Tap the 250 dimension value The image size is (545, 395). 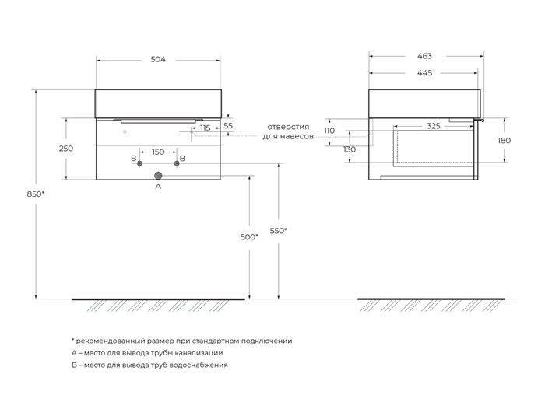(x=66, y=149)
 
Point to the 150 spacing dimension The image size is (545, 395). (x=158, y=152)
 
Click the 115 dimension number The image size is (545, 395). (x=205, y=128)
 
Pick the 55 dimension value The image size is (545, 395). (x=227, y=125)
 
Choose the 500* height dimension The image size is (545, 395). (x=249, y=236)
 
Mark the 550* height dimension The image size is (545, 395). (x=279, y=230)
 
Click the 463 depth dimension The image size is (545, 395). (x=424, y=56)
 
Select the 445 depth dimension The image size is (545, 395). (x=424, y=73)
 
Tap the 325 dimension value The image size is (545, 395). (x=434, y=125)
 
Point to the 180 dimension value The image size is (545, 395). (x=504, y=140)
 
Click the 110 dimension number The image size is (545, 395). (x=329, y=131)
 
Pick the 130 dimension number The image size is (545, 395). (x=349, y=149)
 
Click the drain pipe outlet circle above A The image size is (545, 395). (x=158, y=175)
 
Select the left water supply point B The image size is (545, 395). (x=140, y=163)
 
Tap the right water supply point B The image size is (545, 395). (x=177, y=163)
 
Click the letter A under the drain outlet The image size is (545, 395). (x=158, y=187)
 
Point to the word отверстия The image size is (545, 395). (x=288, y=126)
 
